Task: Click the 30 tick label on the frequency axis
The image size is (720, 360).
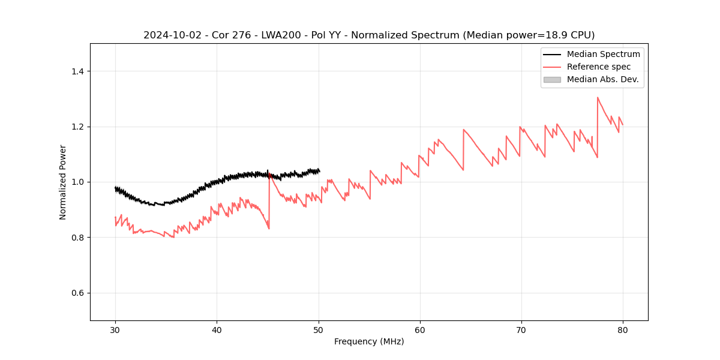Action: pos(115,329)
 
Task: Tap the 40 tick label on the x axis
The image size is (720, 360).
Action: pos(217,329)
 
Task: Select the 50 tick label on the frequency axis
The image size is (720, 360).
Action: pos(318,329)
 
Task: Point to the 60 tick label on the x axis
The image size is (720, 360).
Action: pos(419,329)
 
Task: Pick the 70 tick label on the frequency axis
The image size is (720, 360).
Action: pos(521,329)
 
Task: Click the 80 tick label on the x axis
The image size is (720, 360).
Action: pos(622,329)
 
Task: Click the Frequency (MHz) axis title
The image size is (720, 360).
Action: pos(369,341)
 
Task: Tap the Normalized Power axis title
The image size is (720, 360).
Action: pos(63,182)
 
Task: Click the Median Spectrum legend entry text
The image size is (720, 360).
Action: pos(603,54)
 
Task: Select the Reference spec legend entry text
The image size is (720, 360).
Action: pos(599,67)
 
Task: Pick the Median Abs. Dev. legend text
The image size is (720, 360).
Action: pos(602,79)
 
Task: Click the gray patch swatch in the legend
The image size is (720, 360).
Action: pos(552,79)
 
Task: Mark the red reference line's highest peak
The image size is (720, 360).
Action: pos(598,97)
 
